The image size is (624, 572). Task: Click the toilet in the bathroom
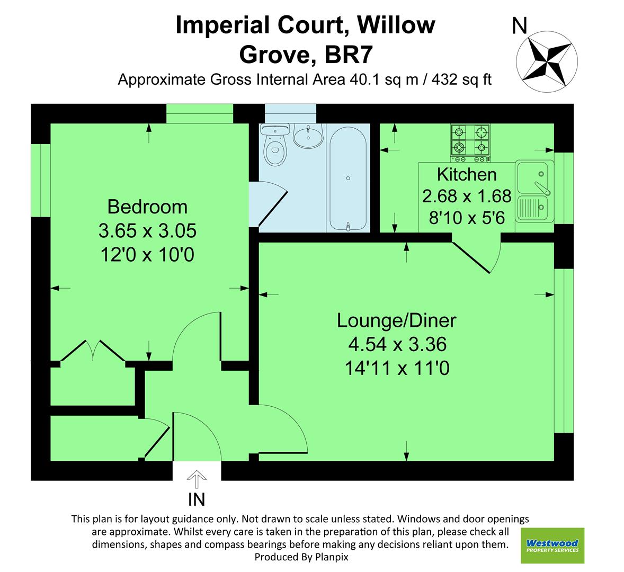click(275, 150)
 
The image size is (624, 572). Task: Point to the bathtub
click(347, 178)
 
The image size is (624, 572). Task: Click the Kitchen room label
click(466, 174)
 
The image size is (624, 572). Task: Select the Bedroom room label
click(147, 206)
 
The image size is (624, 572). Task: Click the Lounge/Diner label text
click(397, 320)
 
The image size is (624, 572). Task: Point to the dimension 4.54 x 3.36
click(397, 345)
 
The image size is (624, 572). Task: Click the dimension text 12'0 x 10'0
click(147, 255)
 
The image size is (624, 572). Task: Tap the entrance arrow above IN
click(197, 480)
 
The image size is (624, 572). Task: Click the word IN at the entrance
click(197, 499)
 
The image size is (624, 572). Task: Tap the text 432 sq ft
click(462, 80)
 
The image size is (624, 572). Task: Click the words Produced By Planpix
click(301, 557)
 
